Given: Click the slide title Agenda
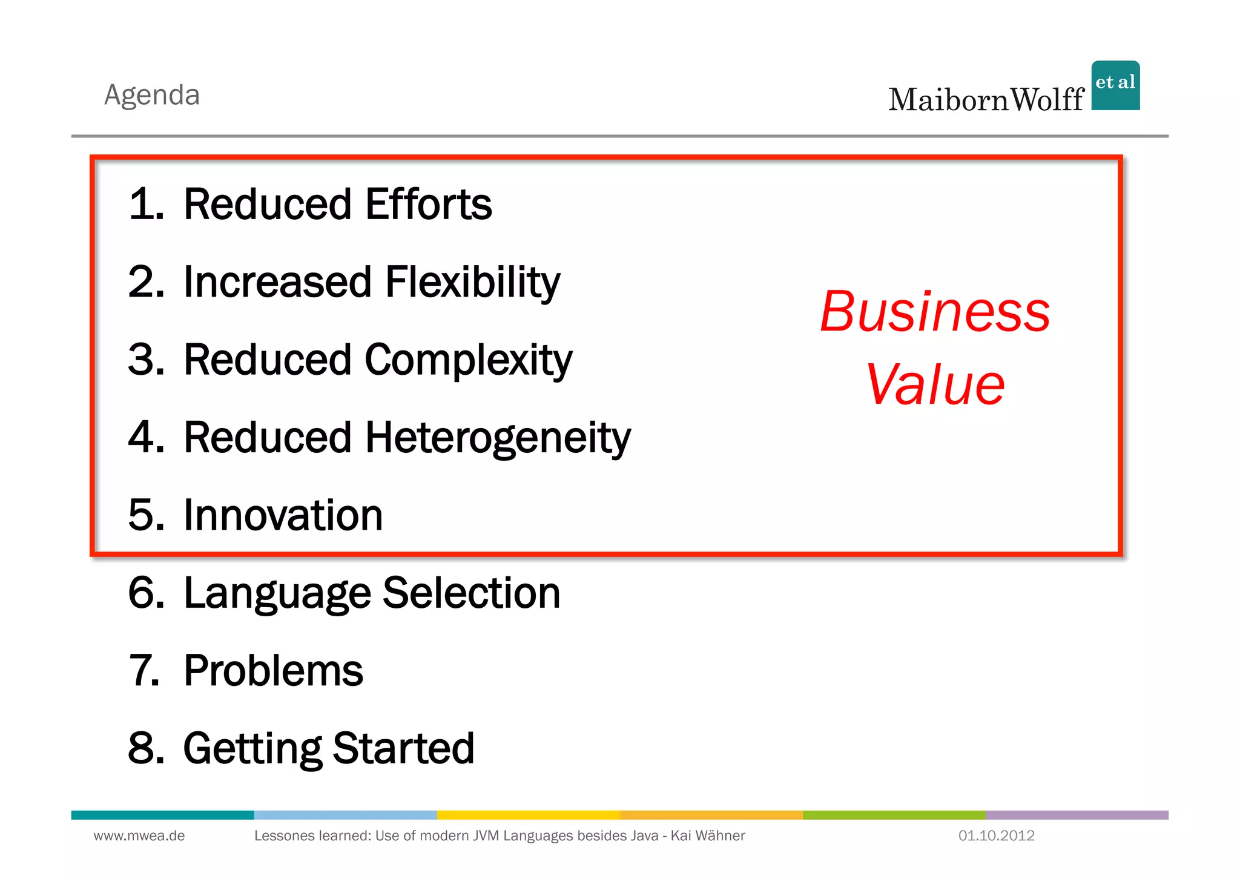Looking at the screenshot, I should pos(152,95).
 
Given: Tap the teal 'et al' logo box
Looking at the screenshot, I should pos(1115,85).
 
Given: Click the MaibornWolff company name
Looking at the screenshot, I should pos(986,100).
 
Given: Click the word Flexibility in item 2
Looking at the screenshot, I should pos(472,282).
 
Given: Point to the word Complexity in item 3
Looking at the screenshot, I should pos(468,360).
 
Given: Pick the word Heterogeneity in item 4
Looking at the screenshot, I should pos(498,438).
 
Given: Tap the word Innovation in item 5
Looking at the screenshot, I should pos(283,515).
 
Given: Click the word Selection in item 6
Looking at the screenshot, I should pos(471,593).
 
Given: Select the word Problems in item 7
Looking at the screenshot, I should pos(273,671).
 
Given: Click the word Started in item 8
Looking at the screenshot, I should pos(403,748).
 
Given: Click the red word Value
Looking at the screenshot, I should pos(935,385).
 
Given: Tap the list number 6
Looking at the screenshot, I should pos(145,593).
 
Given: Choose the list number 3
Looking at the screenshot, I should pos(145,360).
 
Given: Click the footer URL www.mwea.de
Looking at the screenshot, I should pos(139,836).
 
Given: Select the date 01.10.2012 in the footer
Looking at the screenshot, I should pos(996,836).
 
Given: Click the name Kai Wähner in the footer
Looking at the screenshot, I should pos(707,836).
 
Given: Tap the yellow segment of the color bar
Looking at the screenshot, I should pos(528,815).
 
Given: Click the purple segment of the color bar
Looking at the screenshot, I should pos(1077,815).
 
